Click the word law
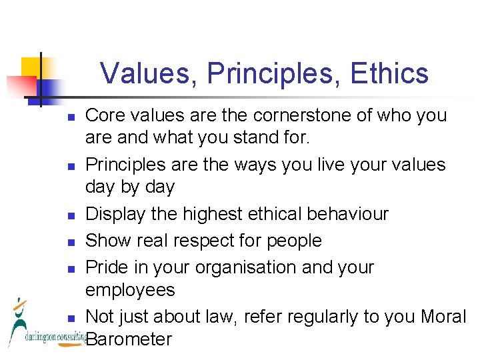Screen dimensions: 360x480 click(x=218, y=317)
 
